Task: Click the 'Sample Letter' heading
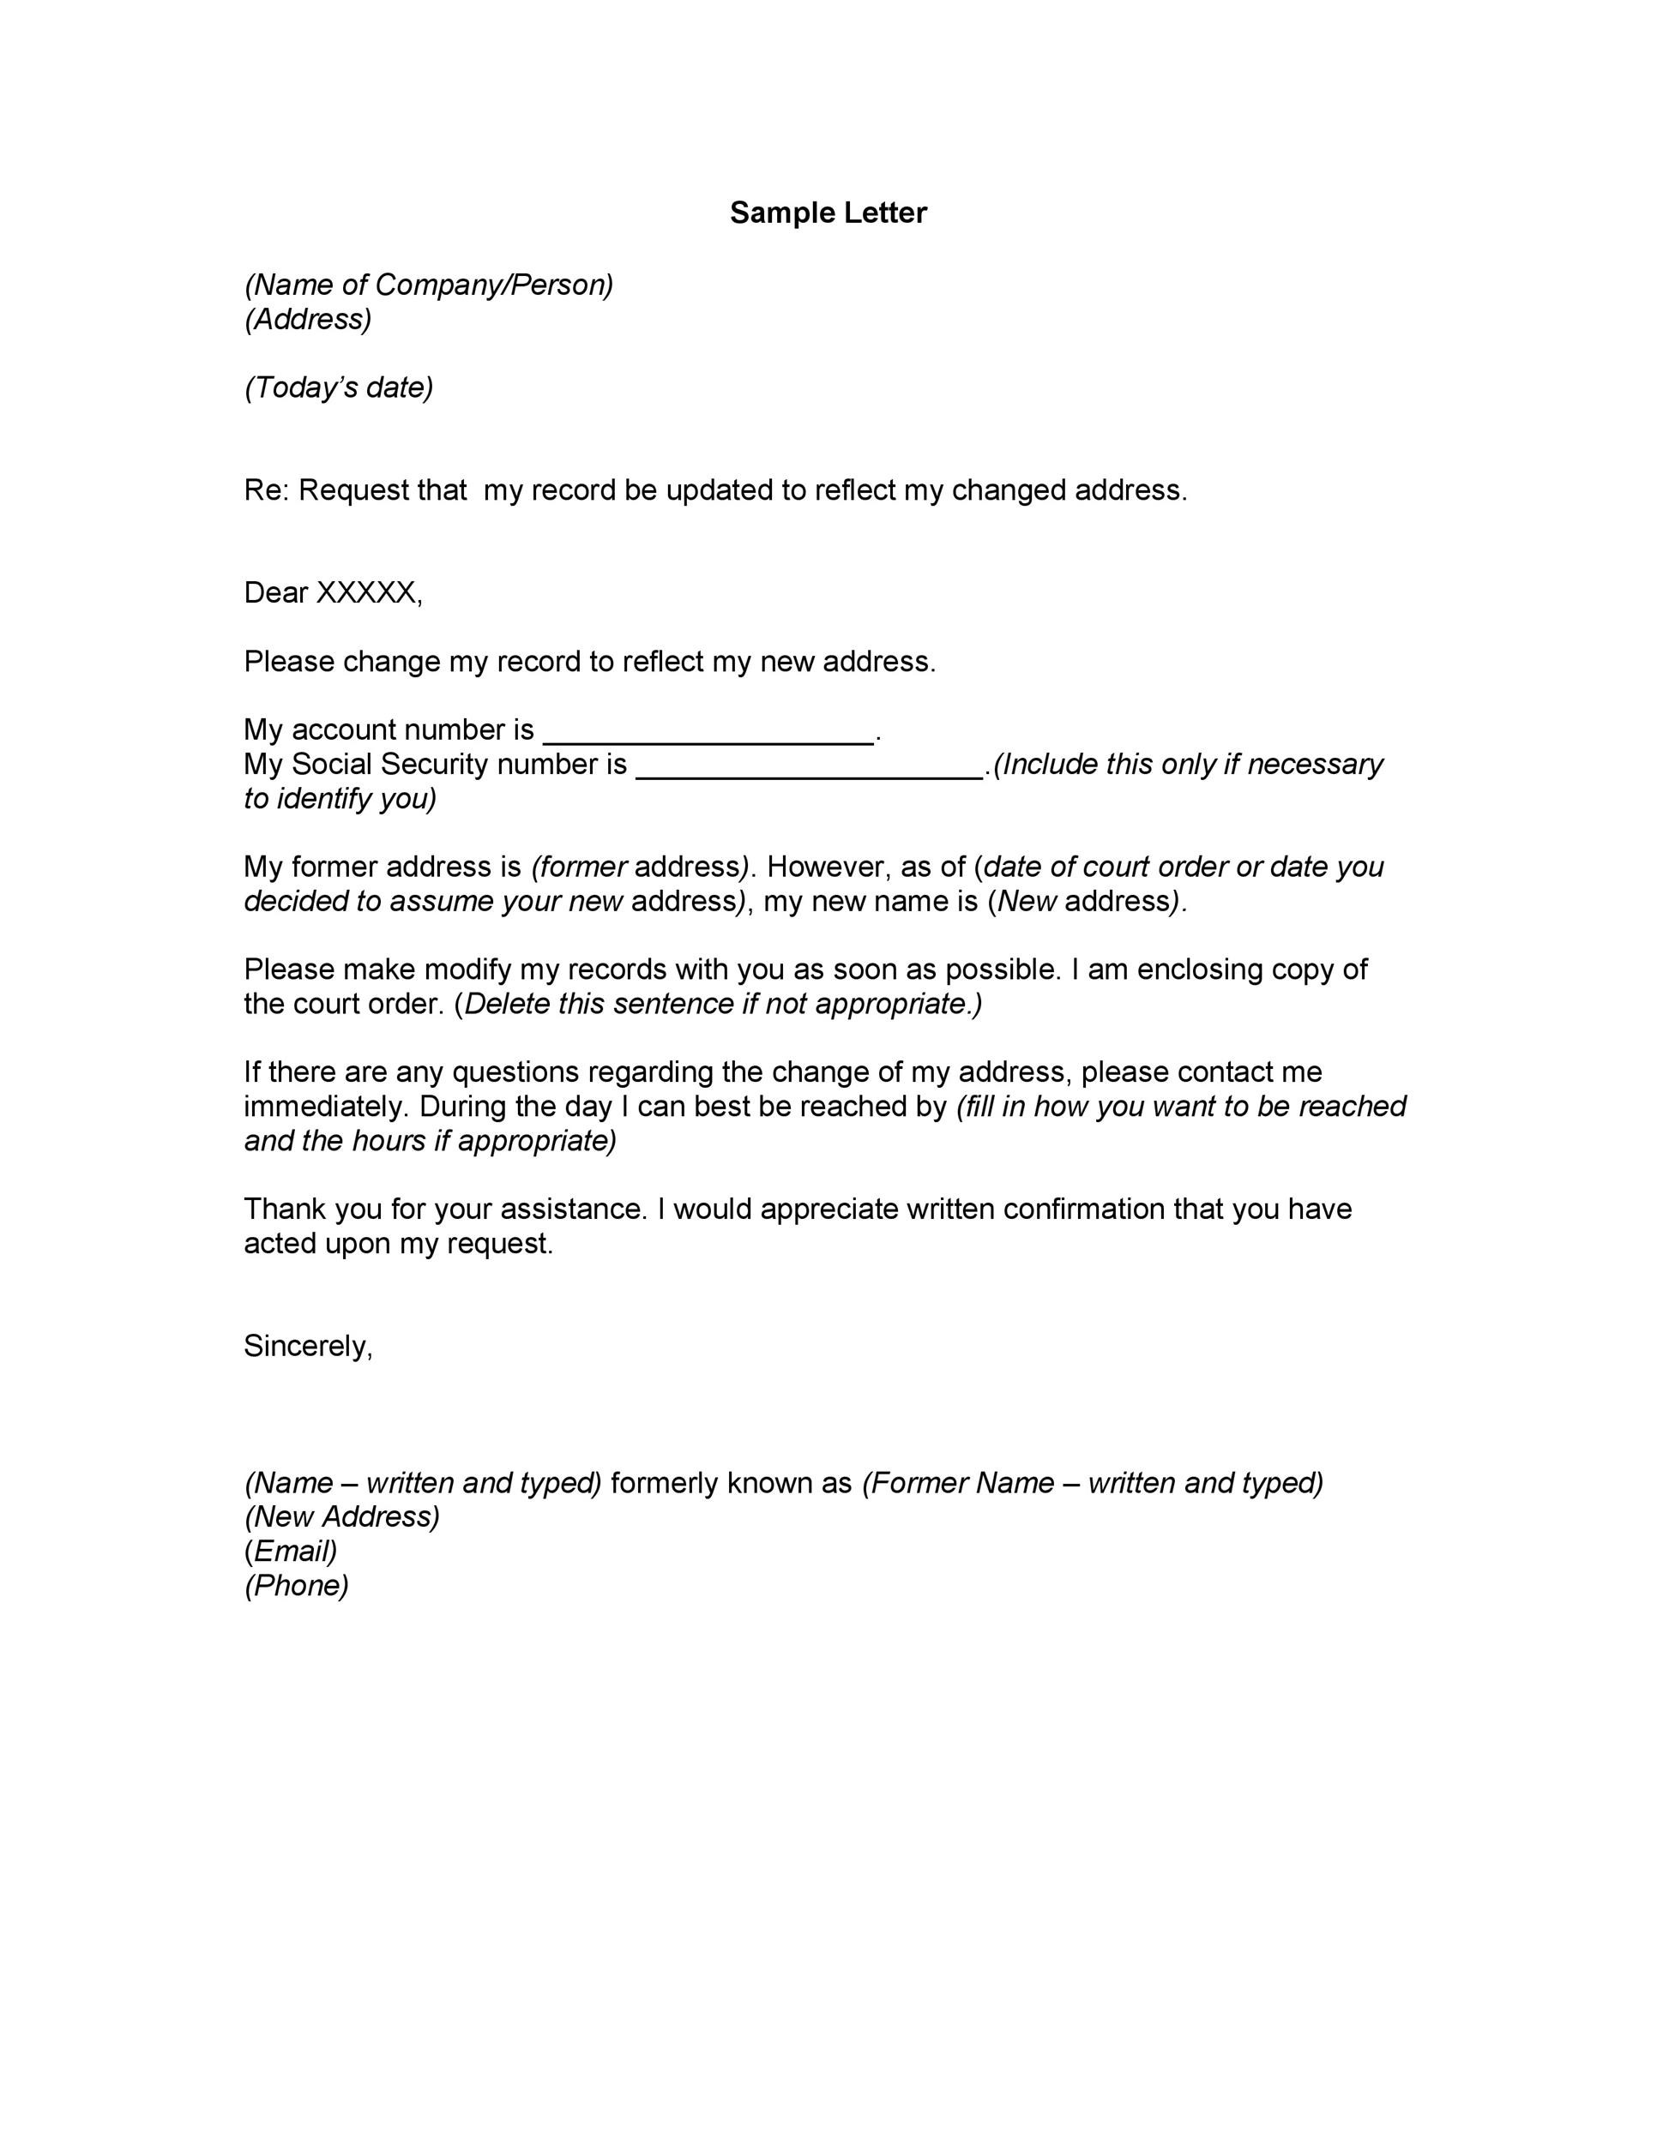click(828, 213)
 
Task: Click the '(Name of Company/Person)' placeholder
click(429, 285)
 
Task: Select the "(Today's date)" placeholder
click(339, 387)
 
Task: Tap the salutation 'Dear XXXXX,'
click(333, 592)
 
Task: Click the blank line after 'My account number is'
click(708, 732)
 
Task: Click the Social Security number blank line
click(810, 766)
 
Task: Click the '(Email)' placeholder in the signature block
click(291, 1551)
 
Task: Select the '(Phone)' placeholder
click(297, 1585)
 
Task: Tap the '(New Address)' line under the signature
click(341, 1516)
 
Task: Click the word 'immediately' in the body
click(325, 1106)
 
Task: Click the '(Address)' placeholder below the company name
click(308, 319)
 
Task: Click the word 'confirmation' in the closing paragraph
click(1084, 1209)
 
